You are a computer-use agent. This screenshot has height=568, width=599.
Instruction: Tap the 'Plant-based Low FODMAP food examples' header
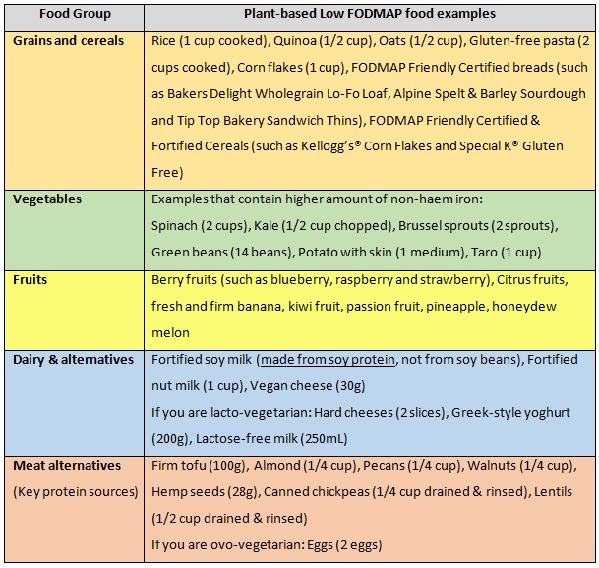370,15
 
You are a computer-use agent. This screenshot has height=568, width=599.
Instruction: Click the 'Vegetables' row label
47,199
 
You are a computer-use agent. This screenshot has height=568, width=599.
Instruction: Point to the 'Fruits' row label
30,279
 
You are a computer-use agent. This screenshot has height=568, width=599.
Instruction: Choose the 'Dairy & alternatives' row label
73,360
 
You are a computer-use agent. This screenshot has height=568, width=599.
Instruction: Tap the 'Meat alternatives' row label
66,464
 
